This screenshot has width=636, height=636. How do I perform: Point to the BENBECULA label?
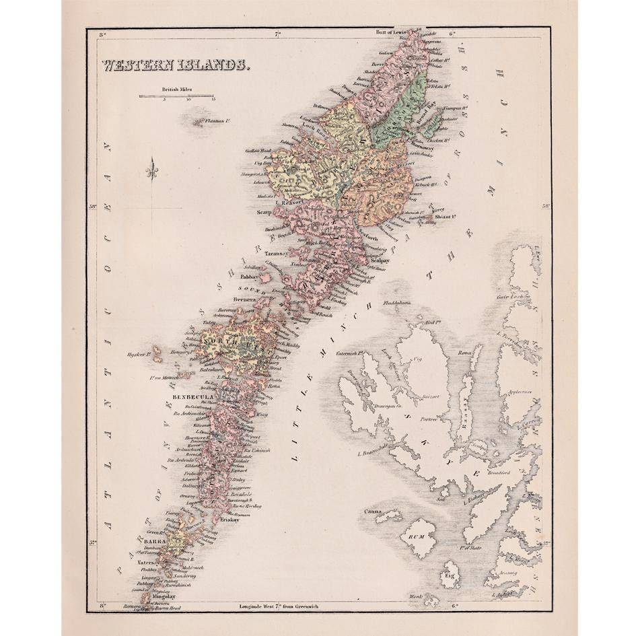click(x=193, y=398)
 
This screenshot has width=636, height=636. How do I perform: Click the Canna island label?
click(x=374, y=513)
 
